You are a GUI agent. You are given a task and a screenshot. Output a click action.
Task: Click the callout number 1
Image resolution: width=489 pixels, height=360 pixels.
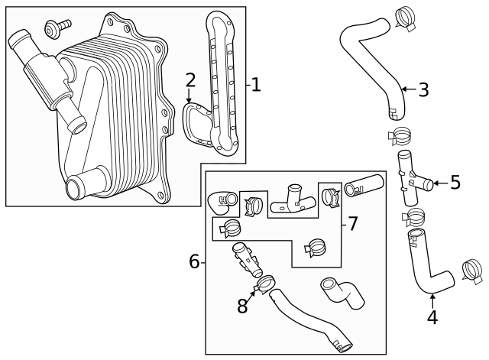(x=256, y=85)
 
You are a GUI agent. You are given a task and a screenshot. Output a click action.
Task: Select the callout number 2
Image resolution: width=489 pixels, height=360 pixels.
(x=190, y=79)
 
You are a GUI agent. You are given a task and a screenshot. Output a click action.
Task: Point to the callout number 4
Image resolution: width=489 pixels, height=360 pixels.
(x=432, y=316)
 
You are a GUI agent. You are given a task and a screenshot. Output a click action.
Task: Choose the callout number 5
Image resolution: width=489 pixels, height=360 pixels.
(x=455, y=182)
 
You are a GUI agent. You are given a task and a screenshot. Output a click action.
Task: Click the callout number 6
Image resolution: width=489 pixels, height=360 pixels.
(x=195, y=262)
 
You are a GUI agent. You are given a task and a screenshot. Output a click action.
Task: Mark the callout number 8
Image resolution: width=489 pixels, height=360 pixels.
(x=243, y=306)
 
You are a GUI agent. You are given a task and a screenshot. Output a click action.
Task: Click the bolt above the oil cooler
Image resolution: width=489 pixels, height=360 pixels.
(x=56, y=26)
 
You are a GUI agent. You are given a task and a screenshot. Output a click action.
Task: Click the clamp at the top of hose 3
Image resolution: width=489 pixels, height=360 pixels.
(x=406, y=18)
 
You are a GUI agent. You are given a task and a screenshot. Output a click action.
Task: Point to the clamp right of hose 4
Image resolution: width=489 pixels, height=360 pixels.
(x=472, y=271)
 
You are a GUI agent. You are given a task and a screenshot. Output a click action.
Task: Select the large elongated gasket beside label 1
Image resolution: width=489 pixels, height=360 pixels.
(x=224, y=84)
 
